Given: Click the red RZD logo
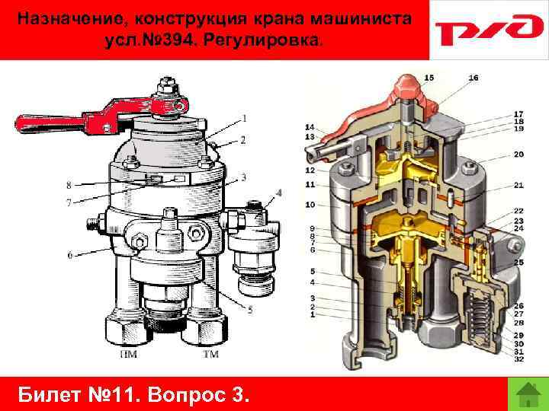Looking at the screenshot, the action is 489,30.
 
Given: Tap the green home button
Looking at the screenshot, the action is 528,394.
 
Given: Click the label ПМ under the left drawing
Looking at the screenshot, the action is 129,354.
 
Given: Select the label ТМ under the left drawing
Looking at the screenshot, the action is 210,354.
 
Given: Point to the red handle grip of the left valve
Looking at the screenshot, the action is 49,123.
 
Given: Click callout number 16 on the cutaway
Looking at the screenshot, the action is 473,78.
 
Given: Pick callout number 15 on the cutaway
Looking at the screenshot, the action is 429,78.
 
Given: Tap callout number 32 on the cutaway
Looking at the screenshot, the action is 518,359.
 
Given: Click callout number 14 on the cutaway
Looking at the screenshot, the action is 310,127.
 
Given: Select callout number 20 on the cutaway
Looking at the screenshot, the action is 518,154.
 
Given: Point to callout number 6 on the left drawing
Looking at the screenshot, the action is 70,256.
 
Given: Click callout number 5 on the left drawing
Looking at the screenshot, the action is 250,310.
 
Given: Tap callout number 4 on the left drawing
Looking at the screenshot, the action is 279,193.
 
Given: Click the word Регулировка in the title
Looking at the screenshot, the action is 262,40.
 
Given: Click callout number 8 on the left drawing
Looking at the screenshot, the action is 69,185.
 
